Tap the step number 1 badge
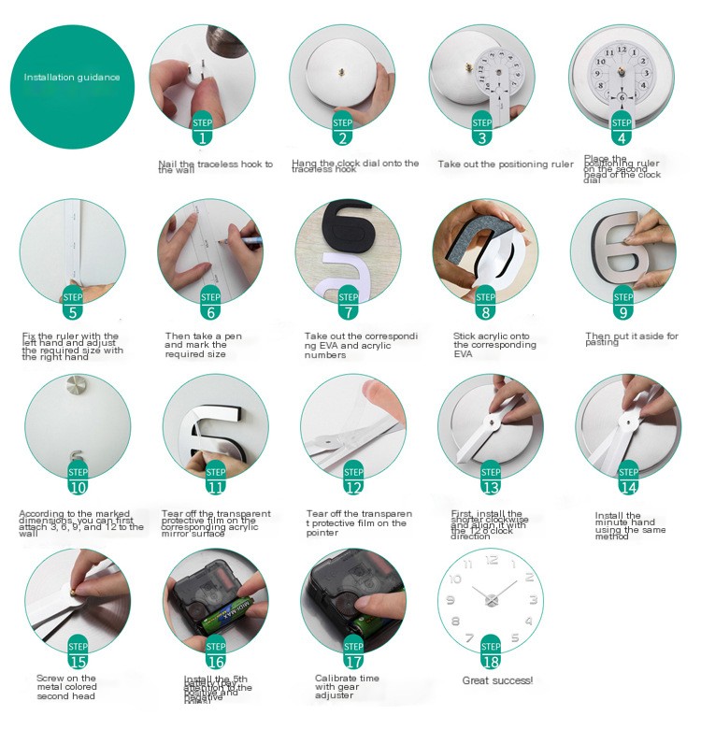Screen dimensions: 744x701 tap(203, 132)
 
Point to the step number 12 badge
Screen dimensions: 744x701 tap(353, 480)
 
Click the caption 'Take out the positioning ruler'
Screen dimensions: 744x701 tap(506, 165)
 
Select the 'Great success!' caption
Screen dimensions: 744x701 tap(497, 680)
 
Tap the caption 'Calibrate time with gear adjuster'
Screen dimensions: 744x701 tap(347, 686)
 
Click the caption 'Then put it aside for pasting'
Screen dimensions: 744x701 tap(632, 339)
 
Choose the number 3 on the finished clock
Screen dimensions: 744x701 tap(532, 600)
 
